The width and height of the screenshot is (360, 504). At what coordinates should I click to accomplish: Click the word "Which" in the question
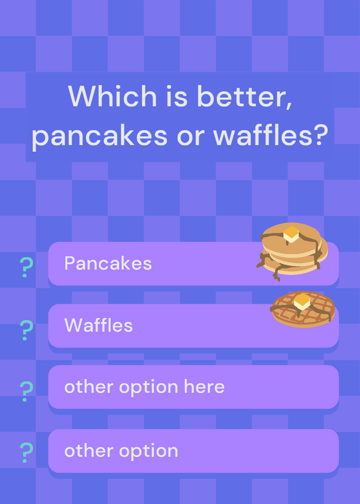tap(112, 96)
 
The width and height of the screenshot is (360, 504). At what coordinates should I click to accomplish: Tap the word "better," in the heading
tap(245, 96)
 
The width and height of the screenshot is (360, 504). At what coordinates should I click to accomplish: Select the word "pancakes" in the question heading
tap(100, 135)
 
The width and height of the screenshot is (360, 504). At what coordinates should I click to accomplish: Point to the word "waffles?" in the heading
tap(270, 134)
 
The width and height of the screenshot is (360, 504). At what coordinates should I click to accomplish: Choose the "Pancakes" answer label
tap(108, 263)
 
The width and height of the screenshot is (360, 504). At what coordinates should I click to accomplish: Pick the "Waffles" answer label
tap(98, 325)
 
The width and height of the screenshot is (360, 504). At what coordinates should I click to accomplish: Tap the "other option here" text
tap(144, 387)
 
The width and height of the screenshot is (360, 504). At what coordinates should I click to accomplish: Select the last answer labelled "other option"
tap(121, 451)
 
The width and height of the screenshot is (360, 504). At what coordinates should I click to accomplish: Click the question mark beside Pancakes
tap(26, 267)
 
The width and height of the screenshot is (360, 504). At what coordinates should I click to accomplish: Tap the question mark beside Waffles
tap(26, 330)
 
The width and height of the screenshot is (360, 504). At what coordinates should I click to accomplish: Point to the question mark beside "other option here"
tap(26, 391)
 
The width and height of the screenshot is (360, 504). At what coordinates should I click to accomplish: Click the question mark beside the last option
tap(26, 452)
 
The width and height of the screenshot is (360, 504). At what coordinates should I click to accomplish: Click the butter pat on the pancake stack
tap(291, 234)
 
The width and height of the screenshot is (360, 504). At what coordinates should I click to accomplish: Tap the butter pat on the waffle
tap(302, 302)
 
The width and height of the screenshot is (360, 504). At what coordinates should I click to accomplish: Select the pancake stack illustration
tap(292, 251)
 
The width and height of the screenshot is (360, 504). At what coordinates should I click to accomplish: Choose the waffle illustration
tap(303, 309)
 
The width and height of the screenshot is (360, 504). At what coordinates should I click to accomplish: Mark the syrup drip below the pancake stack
tap(277, 274)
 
